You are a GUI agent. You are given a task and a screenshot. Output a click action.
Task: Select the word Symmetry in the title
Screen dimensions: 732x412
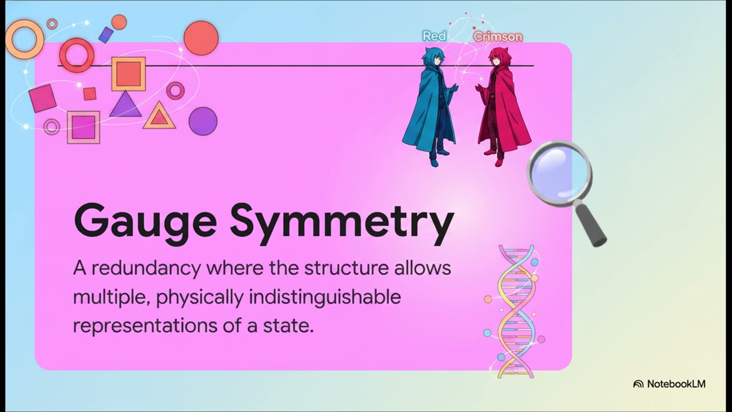click(342, 223)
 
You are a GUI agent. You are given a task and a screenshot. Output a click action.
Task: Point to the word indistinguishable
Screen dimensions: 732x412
click(325, 298)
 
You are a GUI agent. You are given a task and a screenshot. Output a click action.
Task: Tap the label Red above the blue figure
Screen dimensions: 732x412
click(434, 36)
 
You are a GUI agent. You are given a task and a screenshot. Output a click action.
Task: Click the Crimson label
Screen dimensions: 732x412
click(498, 37)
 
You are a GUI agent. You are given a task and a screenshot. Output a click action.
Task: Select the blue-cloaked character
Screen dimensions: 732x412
click(429, 106)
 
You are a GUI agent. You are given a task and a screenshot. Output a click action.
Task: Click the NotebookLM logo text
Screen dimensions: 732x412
click(676, 384)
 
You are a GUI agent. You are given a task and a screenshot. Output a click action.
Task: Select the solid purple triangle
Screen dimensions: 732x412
click(125, 104)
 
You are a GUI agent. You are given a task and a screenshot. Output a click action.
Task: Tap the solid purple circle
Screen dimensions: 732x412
click(203, 121)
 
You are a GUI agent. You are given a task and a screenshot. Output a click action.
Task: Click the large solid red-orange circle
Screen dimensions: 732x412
click(201, 38)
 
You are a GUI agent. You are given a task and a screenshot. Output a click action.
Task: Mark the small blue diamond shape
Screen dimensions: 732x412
click(106, 35)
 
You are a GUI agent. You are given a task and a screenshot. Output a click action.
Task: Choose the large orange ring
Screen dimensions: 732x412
click(10, 39)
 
